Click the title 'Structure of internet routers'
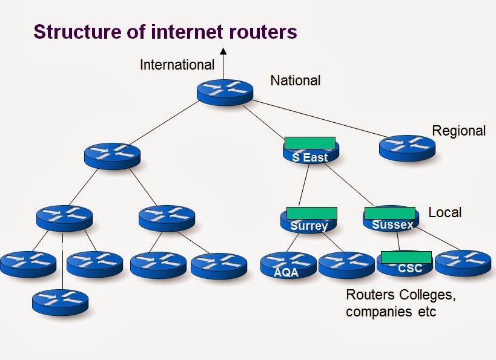[x=165, y=31]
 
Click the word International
[x=177, y=65]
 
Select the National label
[x=295, y=80]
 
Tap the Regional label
[x=458, y=131]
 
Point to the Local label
[x=445, y=212]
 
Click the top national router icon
[x=224, y=92]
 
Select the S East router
[x=310, y=155]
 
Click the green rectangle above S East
[x=309, y=143]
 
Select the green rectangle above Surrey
[x=311, y=213]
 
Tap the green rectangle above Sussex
[x=389, y=213]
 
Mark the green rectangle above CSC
[x=406, y=257]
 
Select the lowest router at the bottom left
[x=60, y=301]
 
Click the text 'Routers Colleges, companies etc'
[x=400, y=304]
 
